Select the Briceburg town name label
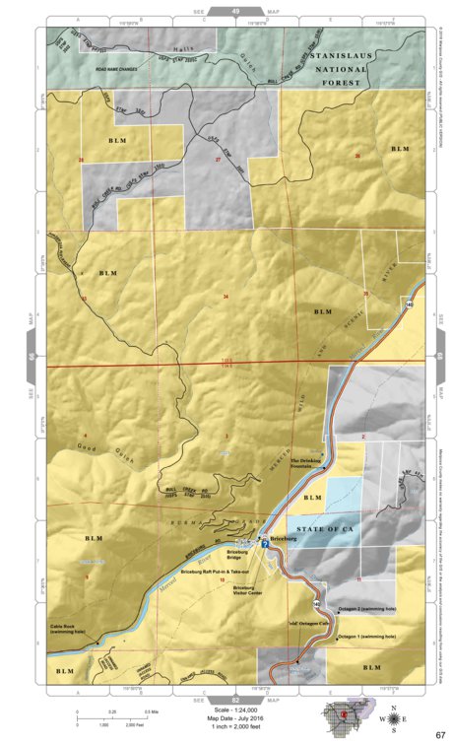click(x=286, y=542)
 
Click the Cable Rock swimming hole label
click(x=71, y=628)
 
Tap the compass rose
click(x=395, y=717)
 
